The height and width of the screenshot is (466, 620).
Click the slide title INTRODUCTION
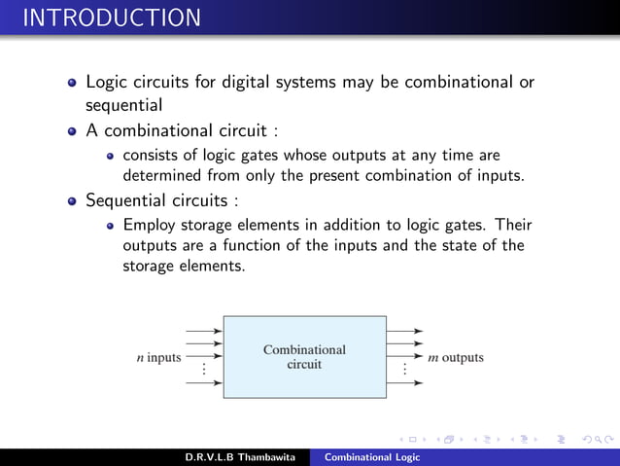pyautogui.click(x=112, y=18)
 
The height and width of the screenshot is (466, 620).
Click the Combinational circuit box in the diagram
pyautogui.click(x=304, y=357)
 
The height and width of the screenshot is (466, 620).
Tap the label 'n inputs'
pyautogui.click(x=157, y=357)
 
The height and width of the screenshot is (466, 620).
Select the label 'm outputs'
pyautogui.click(x=456, y=357)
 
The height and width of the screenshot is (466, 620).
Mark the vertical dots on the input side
pyautogui.click(x=204, y=370)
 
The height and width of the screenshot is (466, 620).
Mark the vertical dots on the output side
pyautogui.click(x=404, y=370)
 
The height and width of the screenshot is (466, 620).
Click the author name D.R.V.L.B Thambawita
pyautogui.click(x=242, y=457)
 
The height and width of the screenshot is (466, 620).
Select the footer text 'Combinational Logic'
pyautogui.click(x=372, y=457)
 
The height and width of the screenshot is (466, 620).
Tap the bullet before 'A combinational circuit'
pyautogui.click(x=71, y=131)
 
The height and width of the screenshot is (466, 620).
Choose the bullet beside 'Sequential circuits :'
pyautogui.click(x=71, y=202)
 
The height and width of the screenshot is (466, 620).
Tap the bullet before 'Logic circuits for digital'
pyautogui.click(x=71, y=84)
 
